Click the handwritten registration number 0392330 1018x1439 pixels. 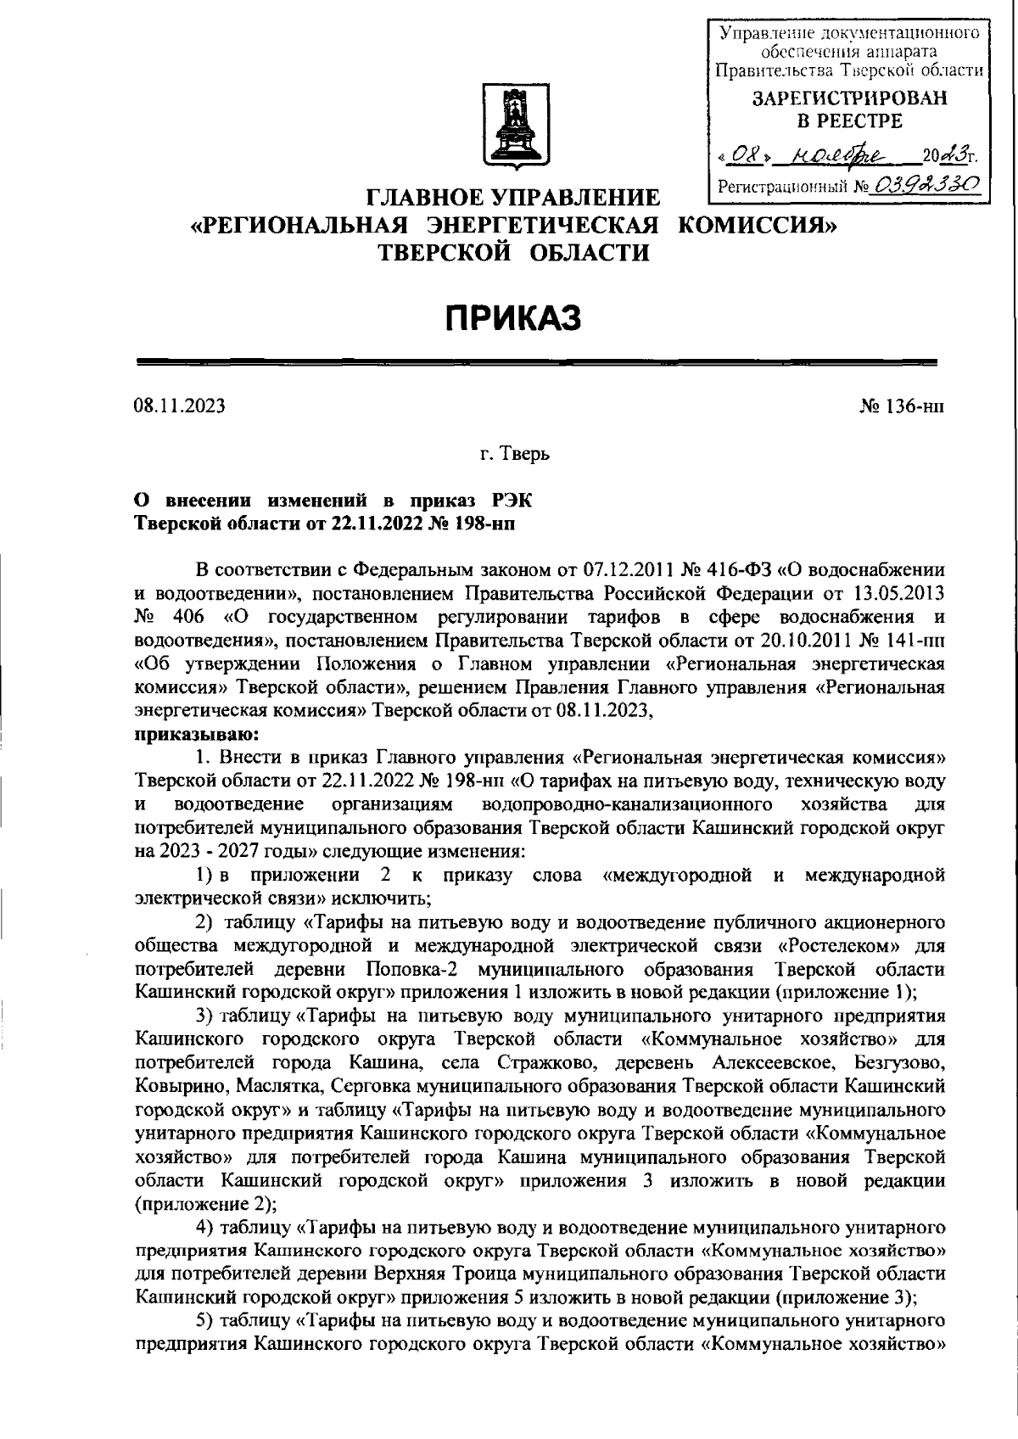pyautogui.click(x=931, y=184)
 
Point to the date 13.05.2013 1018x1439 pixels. pyautogui.click(x=899, y=589)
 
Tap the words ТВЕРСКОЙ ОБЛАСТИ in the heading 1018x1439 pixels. pyautogui.click(x=513, y=252)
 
